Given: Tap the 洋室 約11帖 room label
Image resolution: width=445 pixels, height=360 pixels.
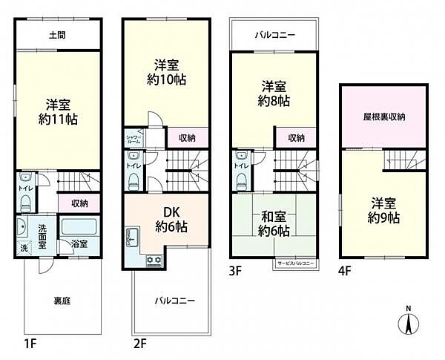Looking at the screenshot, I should (x=56, y=111).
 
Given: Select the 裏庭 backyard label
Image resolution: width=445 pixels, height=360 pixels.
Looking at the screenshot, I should (x=62, y=301).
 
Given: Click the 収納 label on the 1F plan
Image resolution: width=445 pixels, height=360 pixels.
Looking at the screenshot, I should (x=80, y=203).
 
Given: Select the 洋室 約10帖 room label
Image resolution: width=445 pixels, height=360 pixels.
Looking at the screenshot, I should (x=166, y=72).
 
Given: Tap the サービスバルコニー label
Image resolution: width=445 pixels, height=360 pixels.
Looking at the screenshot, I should (x=294, y=264).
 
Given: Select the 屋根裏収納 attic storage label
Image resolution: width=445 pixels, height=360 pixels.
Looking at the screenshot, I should (x=383, y=117).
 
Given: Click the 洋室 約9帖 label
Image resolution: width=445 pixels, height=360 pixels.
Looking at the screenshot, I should (x=383, y=211).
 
